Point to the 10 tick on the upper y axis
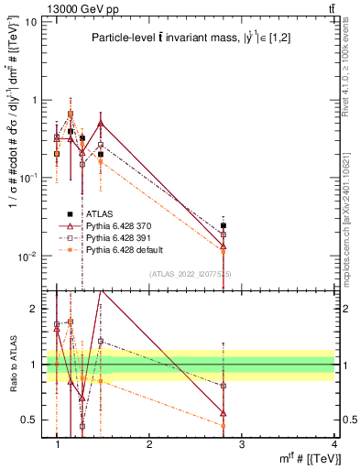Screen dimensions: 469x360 click(30, 21)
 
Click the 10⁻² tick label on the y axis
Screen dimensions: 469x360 click(27, 256)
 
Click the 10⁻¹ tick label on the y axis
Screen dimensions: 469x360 click(27, 178)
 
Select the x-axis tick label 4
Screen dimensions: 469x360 click(334, 443)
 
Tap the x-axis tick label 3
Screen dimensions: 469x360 click(242, 443)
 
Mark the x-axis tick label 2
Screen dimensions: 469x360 click(149, 443)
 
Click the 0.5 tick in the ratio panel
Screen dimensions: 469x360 click(27, 420)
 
